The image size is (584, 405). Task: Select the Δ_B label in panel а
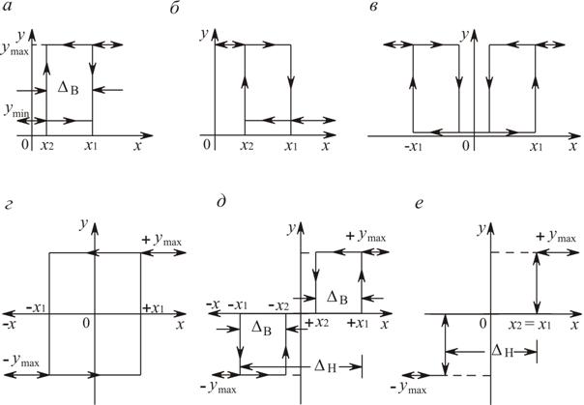69,85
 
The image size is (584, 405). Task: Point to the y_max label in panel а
16,45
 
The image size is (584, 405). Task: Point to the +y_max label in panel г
160,238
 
